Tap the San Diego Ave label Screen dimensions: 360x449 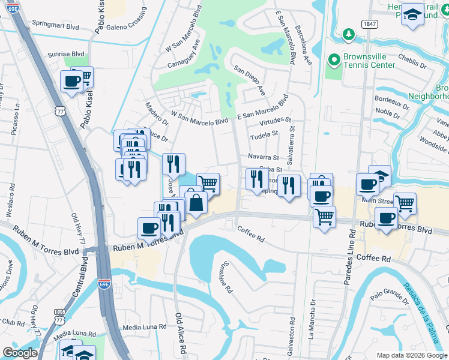tap(250, 80)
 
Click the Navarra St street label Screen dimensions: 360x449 tap(264, 157)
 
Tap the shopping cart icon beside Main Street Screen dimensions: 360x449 tap(405, 203)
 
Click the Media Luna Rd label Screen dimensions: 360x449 tap(144, 327)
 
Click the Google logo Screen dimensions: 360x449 tap(20, 353)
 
